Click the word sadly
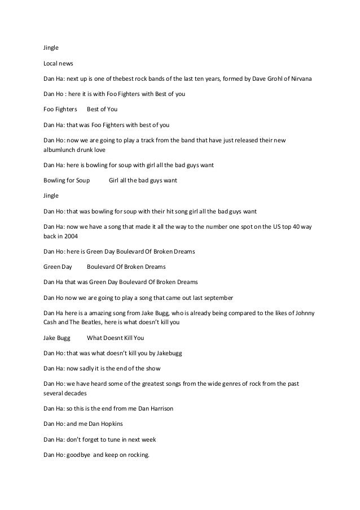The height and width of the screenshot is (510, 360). (89, 368)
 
